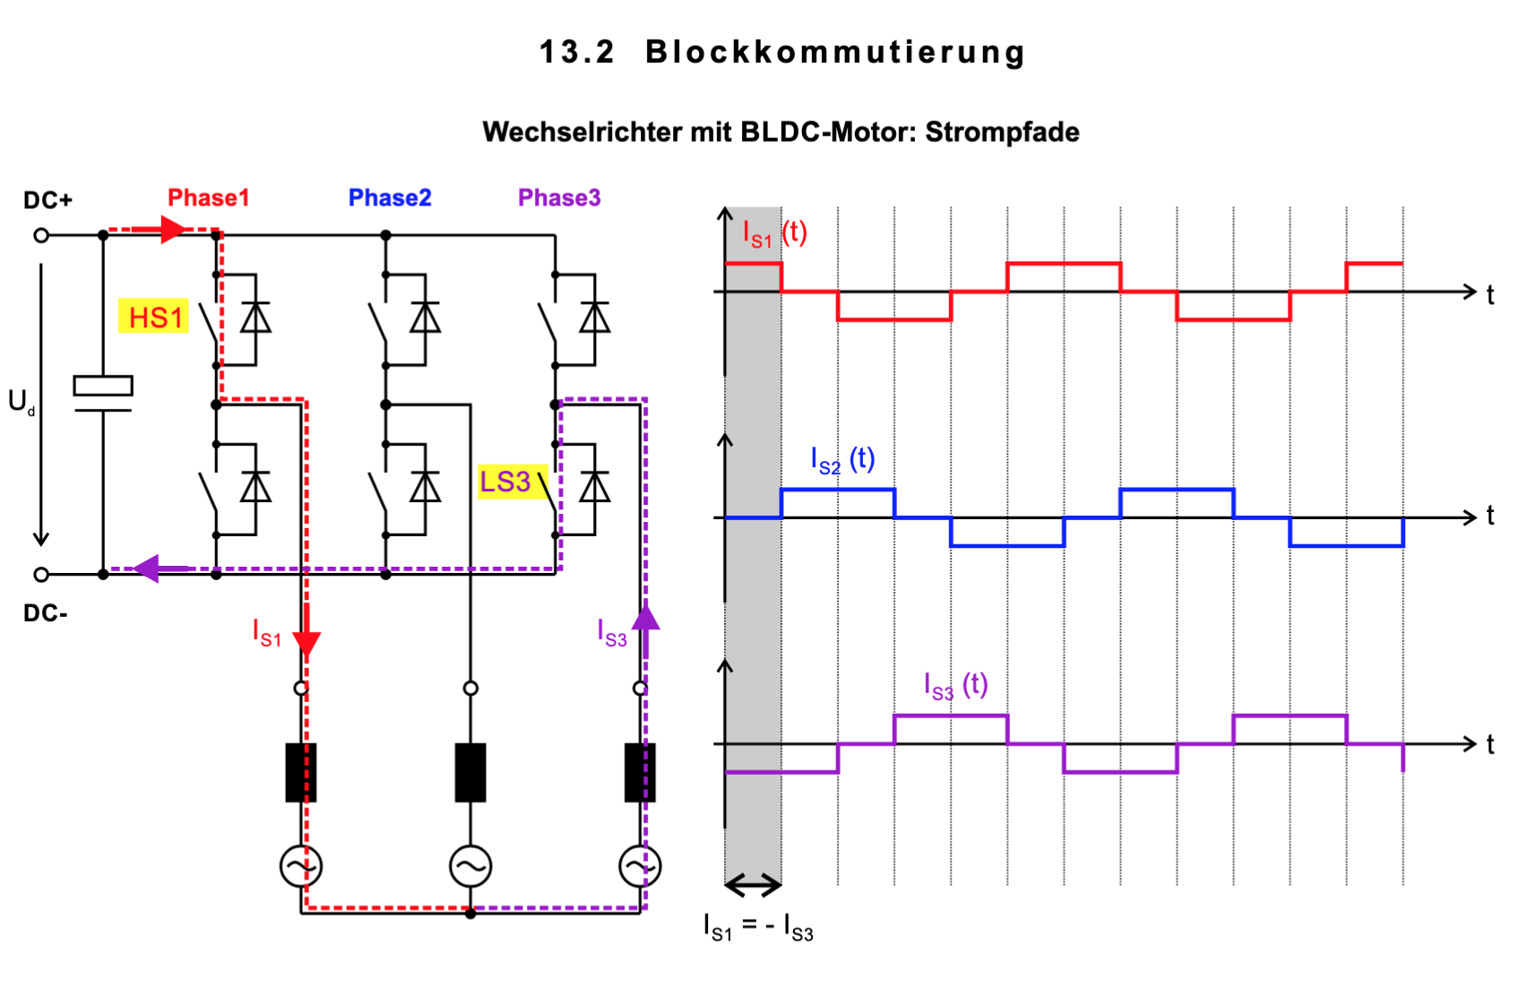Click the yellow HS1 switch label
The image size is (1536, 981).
coord(154,317)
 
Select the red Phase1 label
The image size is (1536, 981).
coord(208,197)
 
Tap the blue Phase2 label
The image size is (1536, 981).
coord(390,197)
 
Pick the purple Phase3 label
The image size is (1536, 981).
coord(559,197)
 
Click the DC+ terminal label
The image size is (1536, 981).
coord(47,200)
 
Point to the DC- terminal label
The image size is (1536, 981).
coord(46,613)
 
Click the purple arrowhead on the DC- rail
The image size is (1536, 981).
coord(147,569)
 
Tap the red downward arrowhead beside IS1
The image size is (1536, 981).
coord(306,643)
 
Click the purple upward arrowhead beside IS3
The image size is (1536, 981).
coord(645,618)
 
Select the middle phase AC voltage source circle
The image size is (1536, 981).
coord(470,866)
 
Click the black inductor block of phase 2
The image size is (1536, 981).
coord(470,772)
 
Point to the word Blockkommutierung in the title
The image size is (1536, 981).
coord(835,52)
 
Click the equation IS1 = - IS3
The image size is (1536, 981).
coord(758,926)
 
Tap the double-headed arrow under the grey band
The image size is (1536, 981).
coord(753,886)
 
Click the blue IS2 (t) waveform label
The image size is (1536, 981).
coord(842,460)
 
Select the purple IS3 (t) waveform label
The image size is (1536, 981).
coord(955,686)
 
